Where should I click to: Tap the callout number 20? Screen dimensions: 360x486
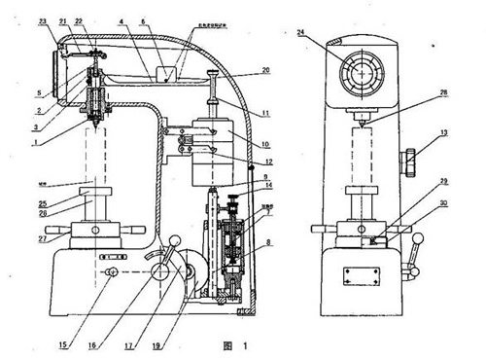point(265,71)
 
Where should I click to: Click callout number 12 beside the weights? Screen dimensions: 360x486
point(265,161)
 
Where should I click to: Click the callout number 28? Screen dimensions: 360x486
point(444,93)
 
